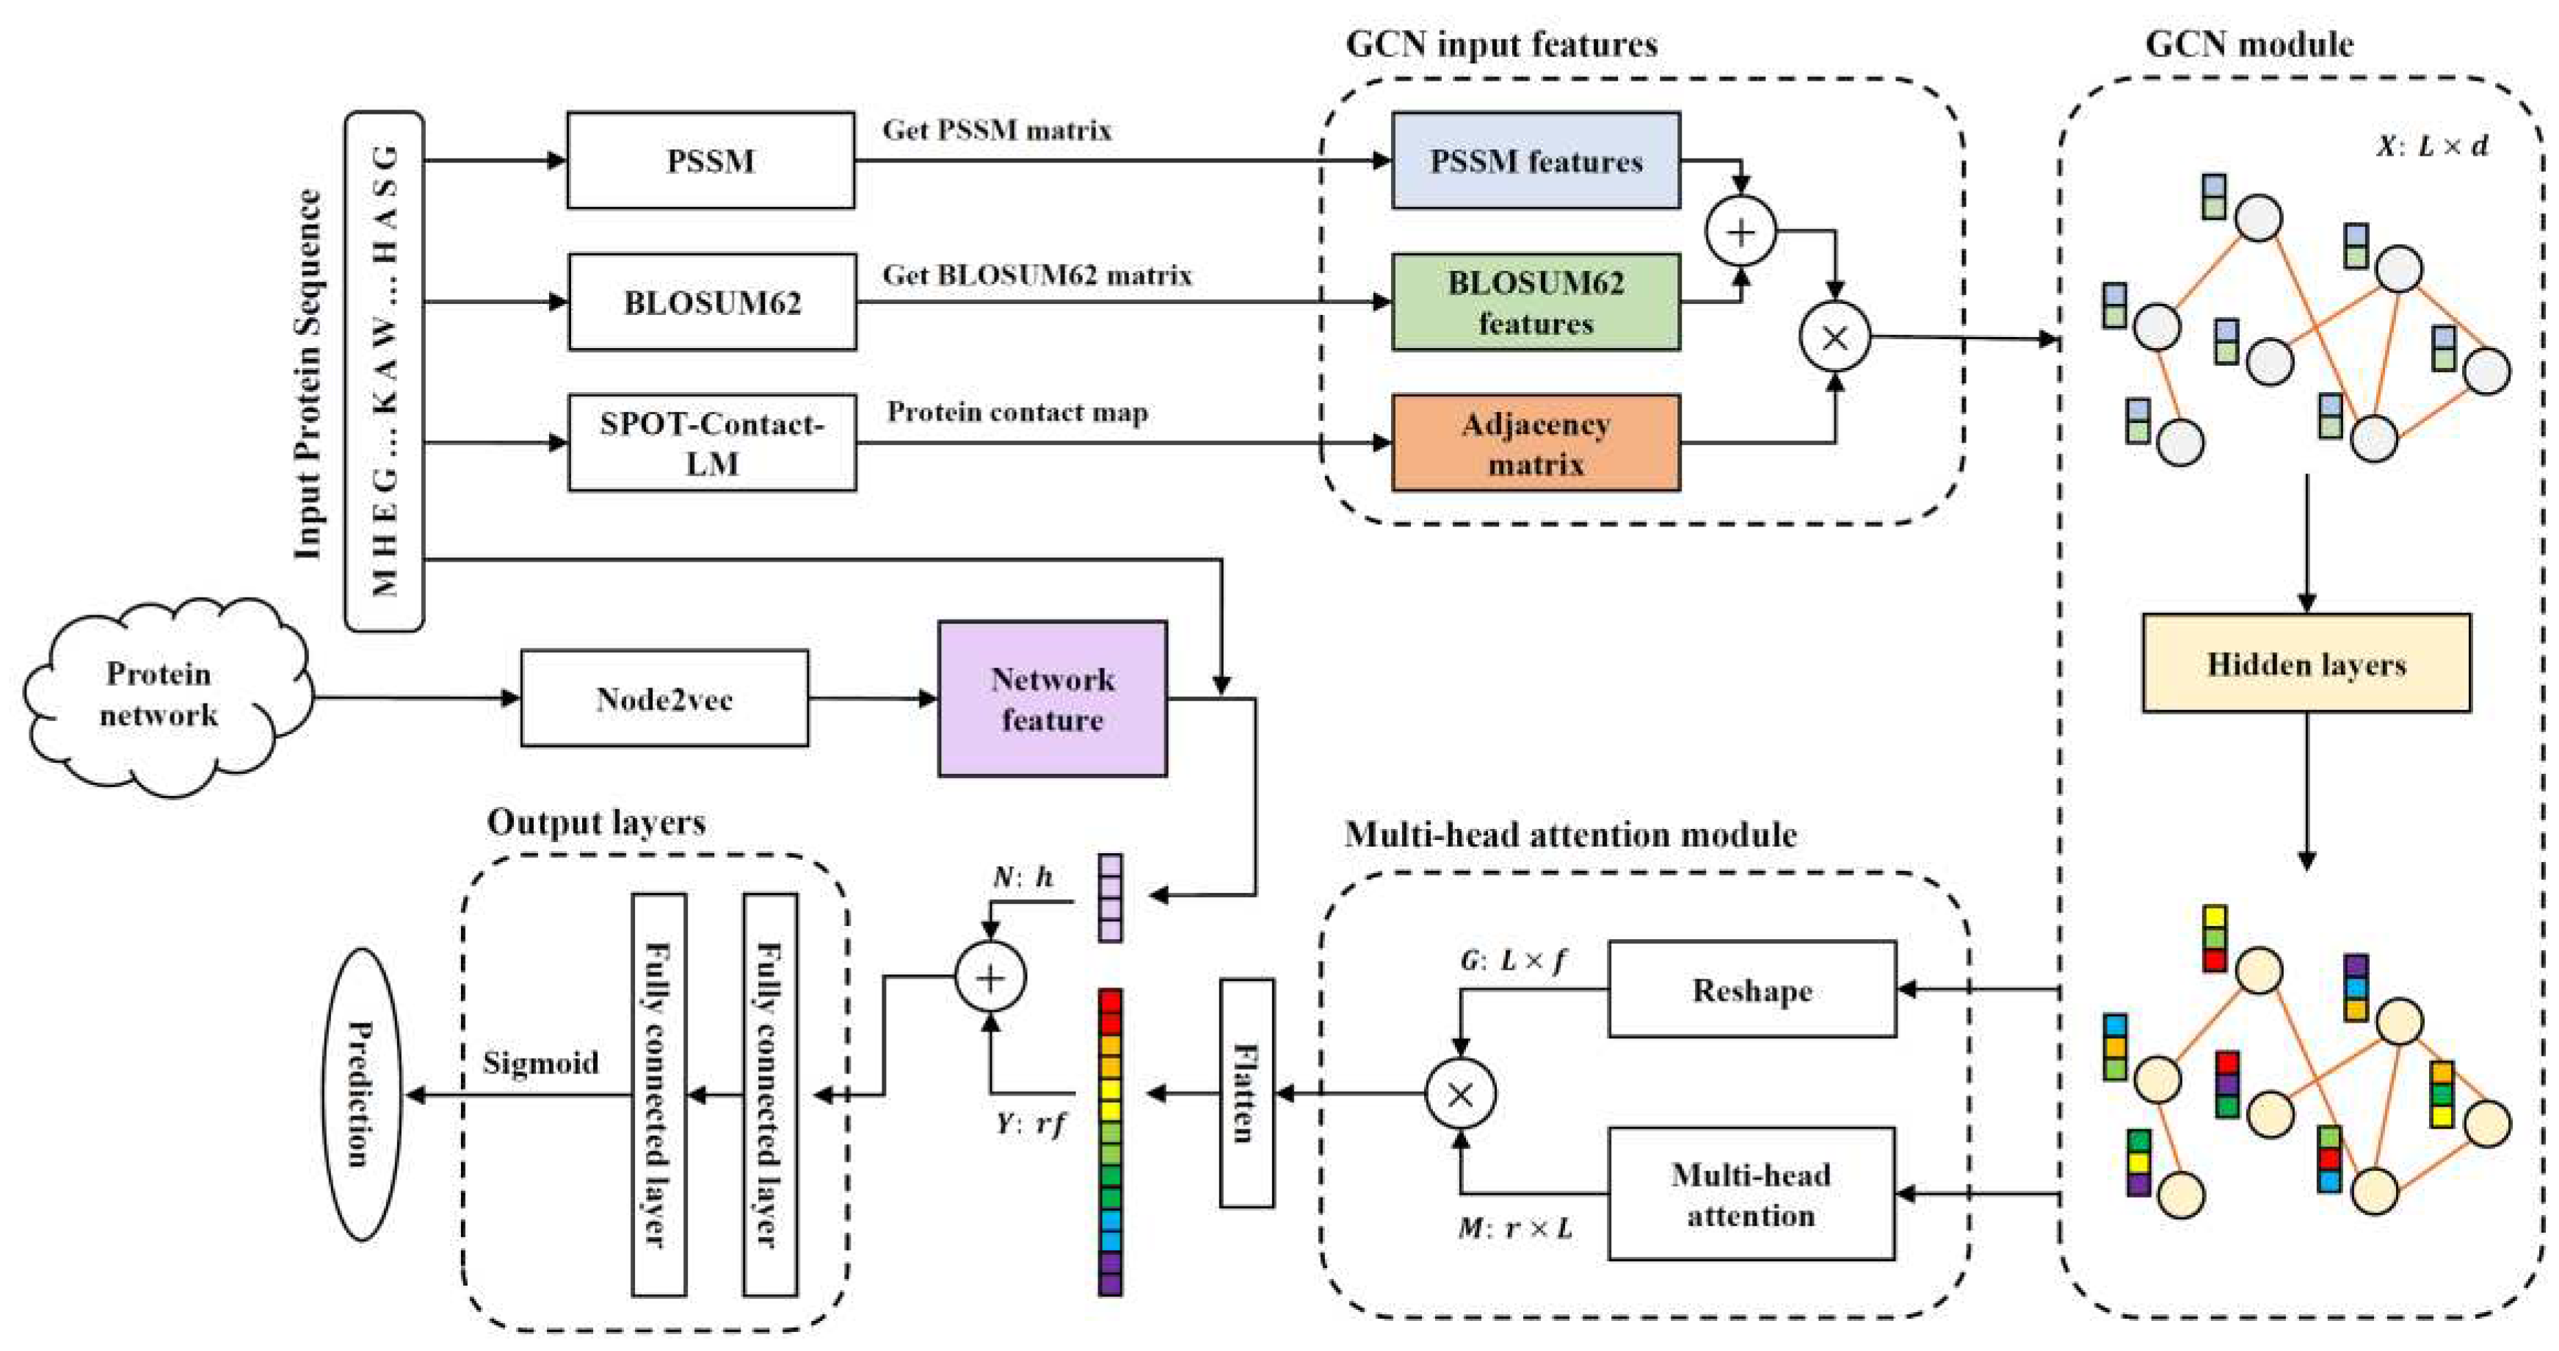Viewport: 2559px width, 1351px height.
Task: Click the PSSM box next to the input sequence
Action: coord(711,160)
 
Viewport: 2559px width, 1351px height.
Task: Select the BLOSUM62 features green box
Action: coord(1535,302)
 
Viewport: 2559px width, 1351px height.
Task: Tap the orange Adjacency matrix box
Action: coord(1535,443)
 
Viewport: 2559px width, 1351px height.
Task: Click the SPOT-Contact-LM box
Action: coord(711,443)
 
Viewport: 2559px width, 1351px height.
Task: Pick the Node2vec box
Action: coord(664,698)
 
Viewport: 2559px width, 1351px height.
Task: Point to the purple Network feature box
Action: coord(1052,698)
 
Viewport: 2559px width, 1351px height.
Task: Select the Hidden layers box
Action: coord(2306,664)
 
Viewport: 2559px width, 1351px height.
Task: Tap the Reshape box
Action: coord(1752,990)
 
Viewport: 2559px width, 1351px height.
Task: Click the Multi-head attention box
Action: coord(1752,1194)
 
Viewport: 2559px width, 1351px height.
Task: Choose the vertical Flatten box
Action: coord(1246,1093)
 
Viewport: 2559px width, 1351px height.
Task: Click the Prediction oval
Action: coord(362,1094)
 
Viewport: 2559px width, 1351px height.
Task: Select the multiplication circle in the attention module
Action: coord(1459,1094)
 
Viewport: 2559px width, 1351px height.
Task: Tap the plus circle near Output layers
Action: coord(990,977)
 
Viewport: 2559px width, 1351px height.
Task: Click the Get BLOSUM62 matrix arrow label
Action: coord(1037,275)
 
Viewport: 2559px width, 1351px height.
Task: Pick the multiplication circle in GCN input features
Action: coord(1834,338)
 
